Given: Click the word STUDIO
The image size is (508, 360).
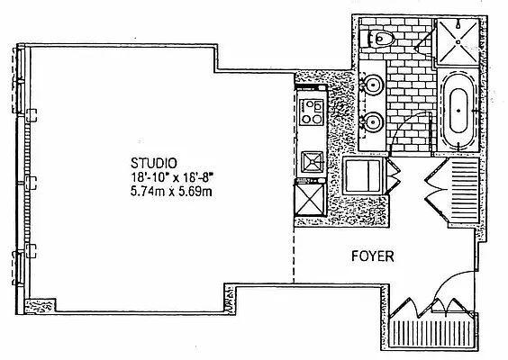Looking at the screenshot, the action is point(154,163).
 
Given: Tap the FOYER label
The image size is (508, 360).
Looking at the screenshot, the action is point(373,256).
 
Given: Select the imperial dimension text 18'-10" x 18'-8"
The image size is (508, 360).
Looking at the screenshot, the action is point(172,177).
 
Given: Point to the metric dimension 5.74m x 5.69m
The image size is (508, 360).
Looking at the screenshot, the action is point(171,192).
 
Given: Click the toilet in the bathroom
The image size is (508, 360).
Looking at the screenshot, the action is point(381,39).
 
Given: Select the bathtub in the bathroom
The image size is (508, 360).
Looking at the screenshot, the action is point(458,111).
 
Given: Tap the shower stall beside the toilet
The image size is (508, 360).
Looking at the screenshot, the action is point(458,41).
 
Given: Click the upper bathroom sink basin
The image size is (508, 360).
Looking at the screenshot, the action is point(373,85).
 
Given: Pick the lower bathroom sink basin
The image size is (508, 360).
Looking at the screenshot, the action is point(373,122).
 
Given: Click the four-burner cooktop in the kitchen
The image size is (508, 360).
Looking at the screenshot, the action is point(312,112).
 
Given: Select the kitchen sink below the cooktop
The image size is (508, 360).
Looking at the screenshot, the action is point(313,162).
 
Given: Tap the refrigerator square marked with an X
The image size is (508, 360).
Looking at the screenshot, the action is point(311,199).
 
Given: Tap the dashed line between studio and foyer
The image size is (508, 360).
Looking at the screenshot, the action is point(294,255).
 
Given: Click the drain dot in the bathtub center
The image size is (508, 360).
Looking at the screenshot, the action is point(458,111).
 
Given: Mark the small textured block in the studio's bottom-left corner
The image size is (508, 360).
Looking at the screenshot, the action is point(40,305).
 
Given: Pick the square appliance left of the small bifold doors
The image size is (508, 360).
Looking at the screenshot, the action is point(362,175).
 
